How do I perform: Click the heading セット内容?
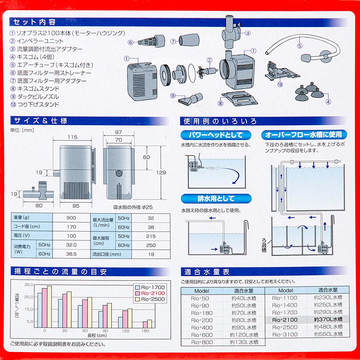(x=35, y=22)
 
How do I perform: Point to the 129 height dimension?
(x=162, y=173)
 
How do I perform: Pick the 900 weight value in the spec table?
(x=71, y=218)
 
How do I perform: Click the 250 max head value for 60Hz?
(x=151, y=245)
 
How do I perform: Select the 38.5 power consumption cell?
(x=71, y=254)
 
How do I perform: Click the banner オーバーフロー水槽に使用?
(x=303, y=135)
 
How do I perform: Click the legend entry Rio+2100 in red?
(x=153, y=293)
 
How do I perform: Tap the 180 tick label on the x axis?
(x=145, y=330)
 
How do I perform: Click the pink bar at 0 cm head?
(x=45, y=308)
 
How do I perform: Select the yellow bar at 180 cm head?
(x=149, y=324)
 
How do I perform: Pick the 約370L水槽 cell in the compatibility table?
(x=328, y=319)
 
